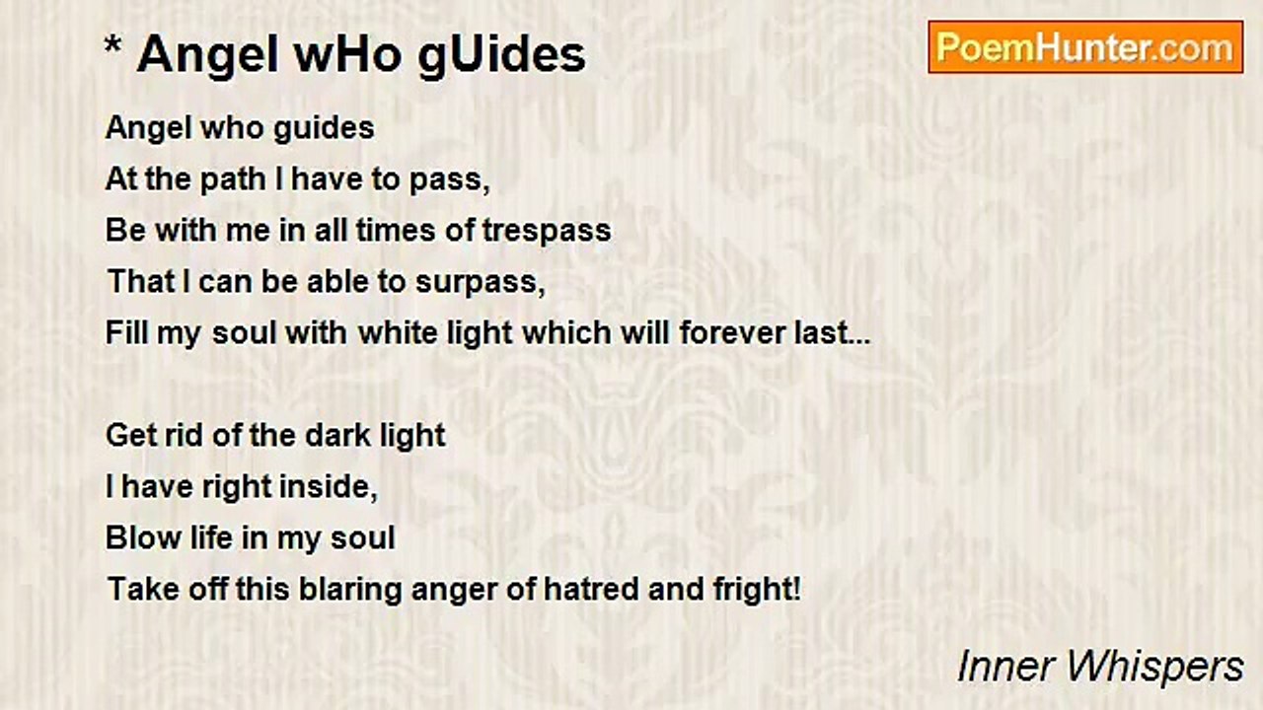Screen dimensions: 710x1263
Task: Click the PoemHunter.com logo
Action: tap(1085, 47)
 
